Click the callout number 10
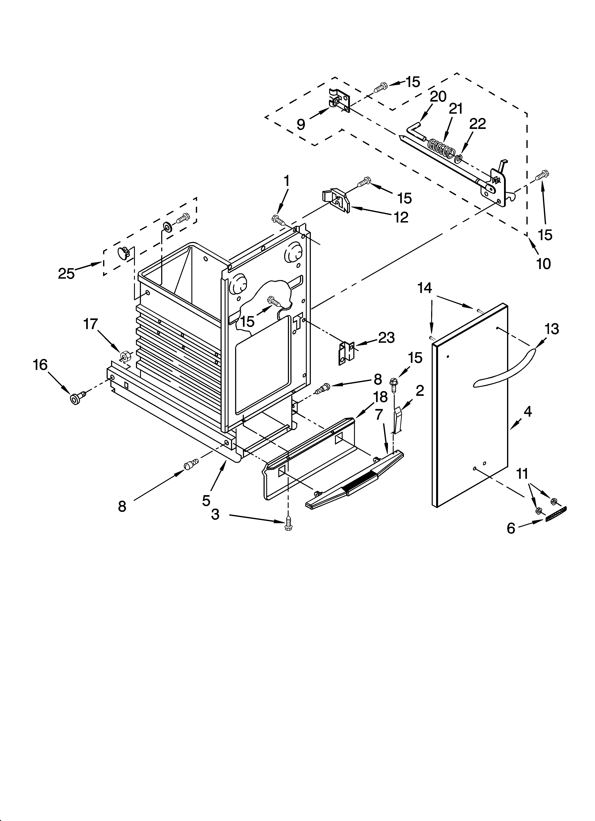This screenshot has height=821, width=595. click(543, 264)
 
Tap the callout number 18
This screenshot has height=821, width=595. click(380, 397)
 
